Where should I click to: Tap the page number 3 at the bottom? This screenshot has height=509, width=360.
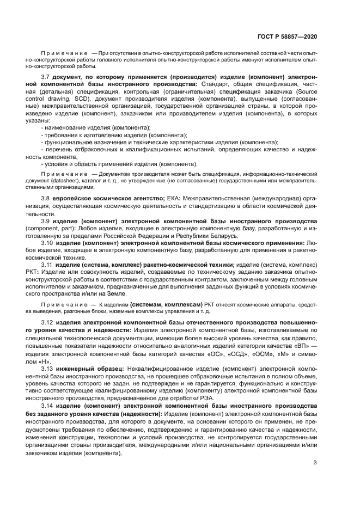point(315,463)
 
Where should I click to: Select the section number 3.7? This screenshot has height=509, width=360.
point(46,78)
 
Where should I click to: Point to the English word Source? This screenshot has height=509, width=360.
point(307,92)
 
